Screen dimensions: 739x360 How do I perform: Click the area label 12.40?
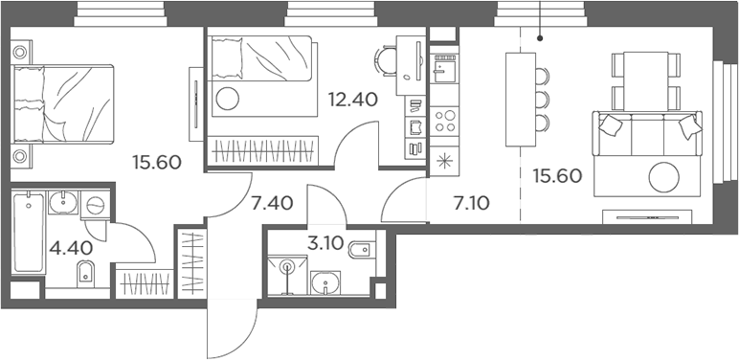353,100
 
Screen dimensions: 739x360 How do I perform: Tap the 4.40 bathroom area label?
70,247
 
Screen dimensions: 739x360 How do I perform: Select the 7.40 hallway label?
272,204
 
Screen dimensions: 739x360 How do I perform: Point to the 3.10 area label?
326,242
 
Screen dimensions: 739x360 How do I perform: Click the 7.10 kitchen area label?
470,203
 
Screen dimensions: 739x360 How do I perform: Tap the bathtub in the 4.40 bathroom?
29,232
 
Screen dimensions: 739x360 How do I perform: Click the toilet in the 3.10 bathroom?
363,250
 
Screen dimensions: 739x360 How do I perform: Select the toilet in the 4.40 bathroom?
85,273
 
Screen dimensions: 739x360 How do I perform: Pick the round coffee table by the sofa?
664,177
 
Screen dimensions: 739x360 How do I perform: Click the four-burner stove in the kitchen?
443,121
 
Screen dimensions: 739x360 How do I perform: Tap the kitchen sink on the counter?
443,68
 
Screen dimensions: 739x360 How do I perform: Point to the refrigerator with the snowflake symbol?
443,161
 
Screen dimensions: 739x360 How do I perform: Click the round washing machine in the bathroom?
95,205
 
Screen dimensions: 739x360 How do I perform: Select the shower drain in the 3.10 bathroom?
286,268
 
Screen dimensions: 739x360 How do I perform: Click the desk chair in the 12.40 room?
385,60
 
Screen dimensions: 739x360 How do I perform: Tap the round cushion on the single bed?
227,99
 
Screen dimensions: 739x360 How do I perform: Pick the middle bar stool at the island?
542,99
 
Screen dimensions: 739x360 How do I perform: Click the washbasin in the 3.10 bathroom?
325,282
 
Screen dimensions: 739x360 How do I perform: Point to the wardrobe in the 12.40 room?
263,150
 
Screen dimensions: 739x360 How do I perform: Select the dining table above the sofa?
646,81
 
